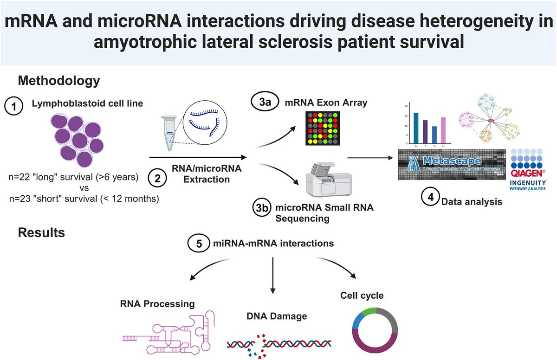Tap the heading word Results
point(41,233)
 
